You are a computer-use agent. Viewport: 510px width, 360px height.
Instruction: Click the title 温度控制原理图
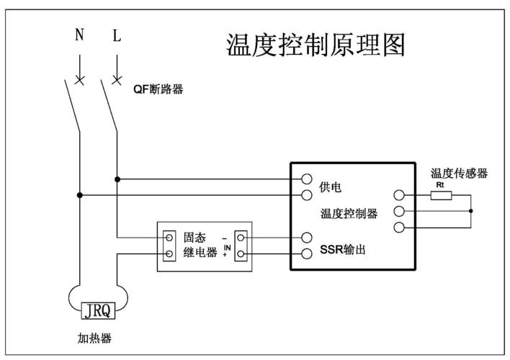[316, 45]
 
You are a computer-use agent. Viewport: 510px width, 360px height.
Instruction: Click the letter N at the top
[80, 36]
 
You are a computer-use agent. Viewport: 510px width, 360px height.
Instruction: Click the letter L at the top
[117, 36]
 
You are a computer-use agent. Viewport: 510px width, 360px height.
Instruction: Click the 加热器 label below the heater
[94, 338]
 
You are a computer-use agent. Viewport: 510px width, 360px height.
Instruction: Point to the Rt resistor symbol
[441, 194]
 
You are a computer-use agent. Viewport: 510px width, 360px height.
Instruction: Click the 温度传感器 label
[459, 174]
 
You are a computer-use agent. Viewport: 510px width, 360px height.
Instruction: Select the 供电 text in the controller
[330, 187]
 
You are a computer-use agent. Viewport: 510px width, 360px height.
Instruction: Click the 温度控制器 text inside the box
[349, 214]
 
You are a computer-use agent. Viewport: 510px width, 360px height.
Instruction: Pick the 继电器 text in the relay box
[200, 253]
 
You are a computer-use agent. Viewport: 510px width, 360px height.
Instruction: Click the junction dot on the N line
[80, 194]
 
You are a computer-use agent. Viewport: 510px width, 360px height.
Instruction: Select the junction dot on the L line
[117, 179]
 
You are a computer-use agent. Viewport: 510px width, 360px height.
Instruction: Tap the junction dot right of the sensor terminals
[470, 211]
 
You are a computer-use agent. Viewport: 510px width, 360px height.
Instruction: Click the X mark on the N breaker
[80, 78]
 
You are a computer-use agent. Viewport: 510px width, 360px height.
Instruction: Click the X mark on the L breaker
[117, 78]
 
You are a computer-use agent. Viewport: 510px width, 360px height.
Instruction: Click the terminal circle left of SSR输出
[307, 253]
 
